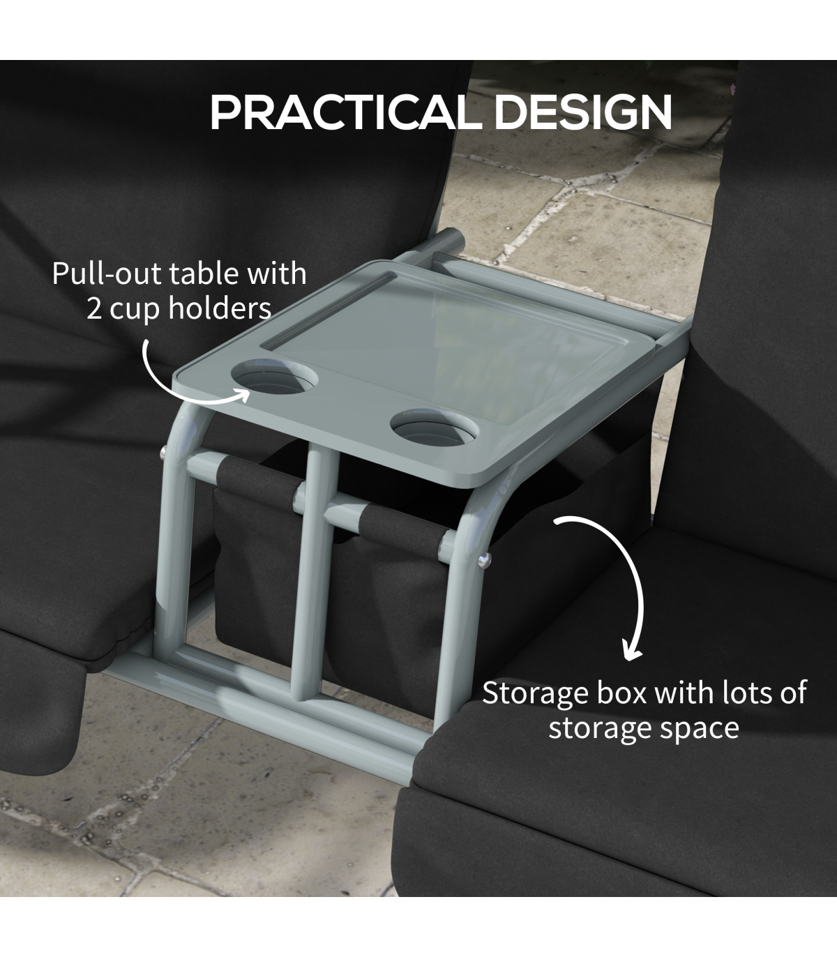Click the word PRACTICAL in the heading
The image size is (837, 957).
coord(347,112)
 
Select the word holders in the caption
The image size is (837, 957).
coord(220,309)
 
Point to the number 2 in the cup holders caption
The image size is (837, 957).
coord(93,310)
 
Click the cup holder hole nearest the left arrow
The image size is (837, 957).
coord(275,376)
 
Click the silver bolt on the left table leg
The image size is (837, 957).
coord(164,452)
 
